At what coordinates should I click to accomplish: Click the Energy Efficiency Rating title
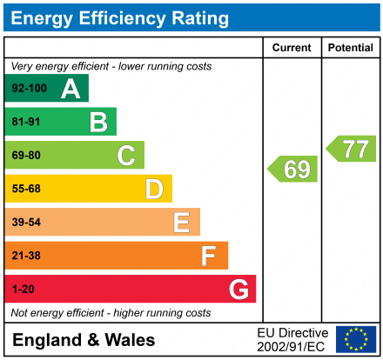pyautogui.click(x=123, y=17)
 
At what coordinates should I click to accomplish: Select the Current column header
pyautogui.click(x=292, y=48)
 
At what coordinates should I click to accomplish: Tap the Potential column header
pyautogui.click(x=350, y=48)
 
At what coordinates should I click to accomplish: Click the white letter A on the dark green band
pyautogui.click(x=71, y=89)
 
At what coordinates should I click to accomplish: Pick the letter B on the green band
pyautogui.click(x=98, y=123)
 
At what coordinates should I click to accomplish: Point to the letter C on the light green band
pyautogui.click(x=126, y=156)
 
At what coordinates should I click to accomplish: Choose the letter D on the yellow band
pyautogui.click(x=154, y=189)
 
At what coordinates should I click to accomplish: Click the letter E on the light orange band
pyautogui.click(x=181, y=223)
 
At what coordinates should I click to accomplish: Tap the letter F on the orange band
pyautogui.click(x=209, y=256)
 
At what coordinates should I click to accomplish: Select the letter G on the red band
pyautogui.click(x=238, y=289)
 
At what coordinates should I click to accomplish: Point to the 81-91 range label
pyautogui.click(x=25, y=123)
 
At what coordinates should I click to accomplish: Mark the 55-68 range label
pyautogui.click(x=25, y=189)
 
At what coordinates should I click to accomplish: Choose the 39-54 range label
pyautogui.click(x=25, y=223)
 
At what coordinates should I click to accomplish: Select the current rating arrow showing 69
pyautogui.click(x=293, y=169)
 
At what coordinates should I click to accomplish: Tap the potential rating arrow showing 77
pyautogui.click(x=352, y=149)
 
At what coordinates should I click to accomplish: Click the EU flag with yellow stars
pyautogui.click(x=355, y=339)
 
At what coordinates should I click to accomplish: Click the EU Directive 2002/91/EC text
pyautogui.click(x=292, y=339)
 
